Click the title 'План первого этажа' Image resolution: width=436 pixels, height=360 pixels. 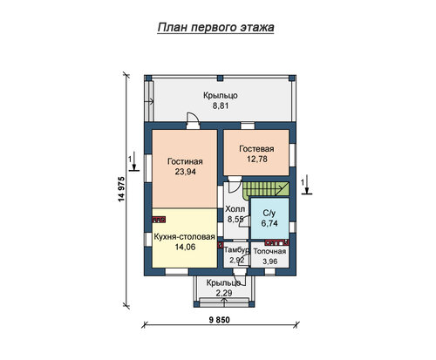215,27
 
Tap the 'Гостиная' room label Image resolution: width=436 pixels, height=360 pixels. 185,161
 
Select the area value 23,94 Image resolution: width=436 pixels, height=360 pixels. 185,172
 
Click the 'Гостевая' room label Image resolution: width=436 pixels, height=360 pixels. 256,149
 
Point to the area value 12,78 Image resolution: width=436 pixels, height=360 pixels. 257,159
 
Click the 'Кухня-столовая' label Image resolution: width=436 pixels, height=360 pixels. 184,237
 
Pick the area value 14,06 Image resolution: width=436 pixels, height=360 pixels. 185,247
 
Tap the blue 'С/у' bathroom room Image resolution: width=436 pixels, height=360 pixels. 269,219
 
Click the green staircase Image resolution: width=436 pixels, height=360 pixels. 266,189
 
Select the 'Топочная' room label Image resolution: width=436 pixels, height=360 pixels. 269,251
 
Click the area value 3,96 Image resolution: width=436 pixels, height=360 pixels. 269,262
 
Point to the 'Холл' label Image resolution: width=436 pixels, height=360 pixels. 235,209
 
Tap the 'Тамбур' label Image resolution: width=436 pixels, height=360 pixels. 236,250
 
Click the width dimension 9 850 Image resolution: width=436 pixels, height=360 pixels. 220,320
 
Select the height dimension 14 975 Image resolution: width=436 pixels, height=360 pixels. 121,189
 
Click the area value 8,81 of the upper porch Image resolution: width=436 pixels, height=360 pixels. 221,105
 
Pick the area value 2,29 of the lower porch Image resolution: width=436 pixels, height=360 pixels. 224,293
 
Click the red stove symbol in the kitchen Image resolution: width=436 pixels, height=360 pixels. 159,220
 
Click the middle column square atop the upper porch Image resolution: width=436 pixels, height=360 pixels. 220,78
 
